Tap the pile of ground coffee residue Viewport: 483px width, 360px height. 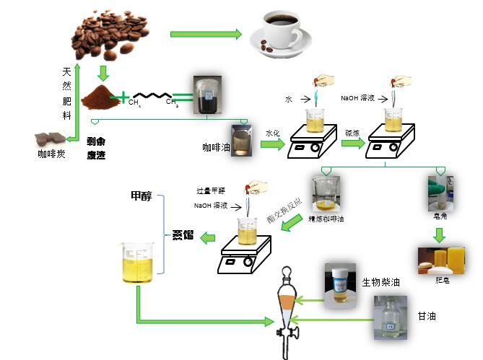click(x=102, y=96)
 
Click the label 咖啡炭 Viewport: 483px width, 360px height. click(x=51, y=154)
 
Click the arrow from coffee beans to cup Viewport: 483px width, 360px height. click(x=205, y=34)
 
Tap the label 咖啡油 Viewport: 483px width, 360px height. click(x=215, y=147)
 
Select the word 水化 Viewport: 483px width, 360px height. click(x=272, y=133)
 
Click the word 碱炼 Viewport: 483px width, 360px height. click(x=352, y=133)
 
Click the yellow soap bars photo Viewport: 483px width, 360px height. click(x=440, y=260)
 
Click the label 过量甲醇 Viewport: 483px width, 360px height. click(x=211, y=191)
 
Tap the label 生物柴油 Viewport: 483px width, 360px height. click(x=380, y=282)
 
